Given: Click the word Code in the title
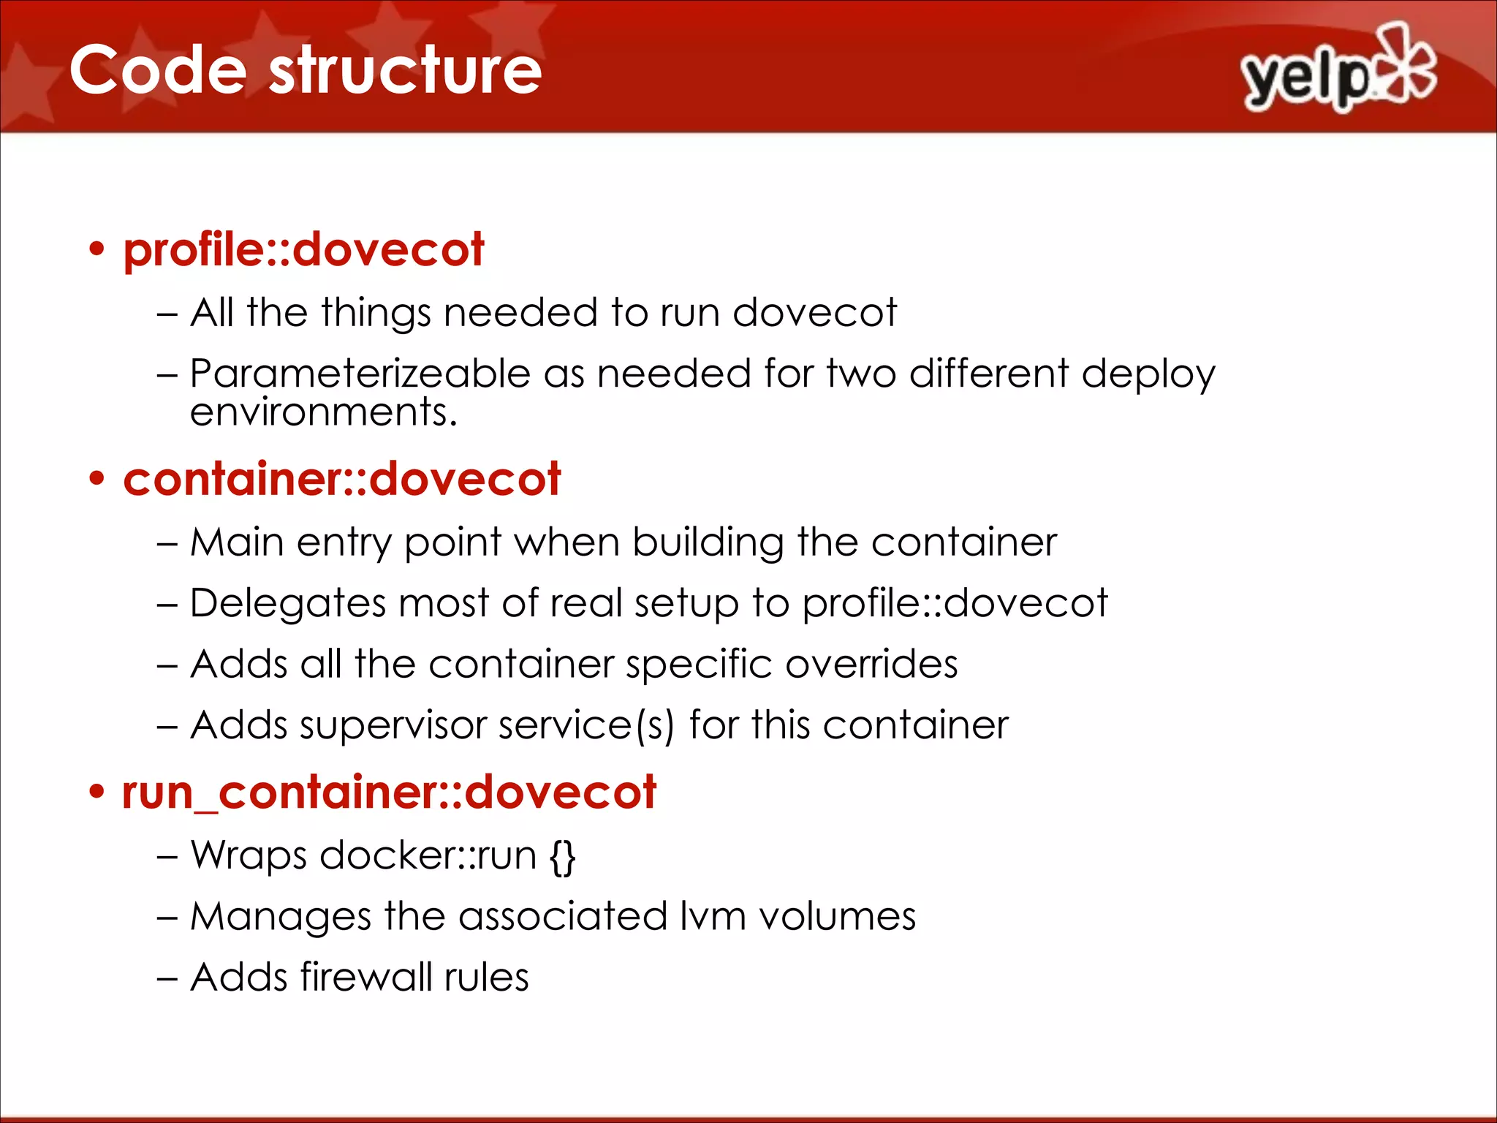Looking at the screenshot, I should pos(158,70).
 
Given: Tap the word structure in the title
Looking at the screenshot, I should pos(406,70).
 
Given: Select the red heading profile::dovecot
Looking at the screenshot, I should pos(303,250).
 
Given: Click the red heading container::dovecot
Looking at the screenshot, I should pos(341,480).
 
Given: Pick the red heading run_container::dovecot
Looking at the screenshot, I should pos(389,793).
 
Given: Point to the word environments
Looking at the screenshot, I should pos(323,412).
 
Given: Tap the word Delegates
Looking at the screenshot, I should pos(287,605).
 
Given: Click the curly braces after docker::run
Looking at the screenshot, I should pos(563,856).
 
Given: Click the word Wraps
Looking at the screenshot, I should pos(249,856).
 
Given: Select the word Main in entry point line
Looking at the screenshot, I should pos(237,543).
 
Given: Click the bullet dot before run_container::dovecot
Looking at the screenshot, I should pos(96,793).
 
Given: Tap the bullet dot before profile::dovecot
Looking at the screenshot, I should pos(96,250).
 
